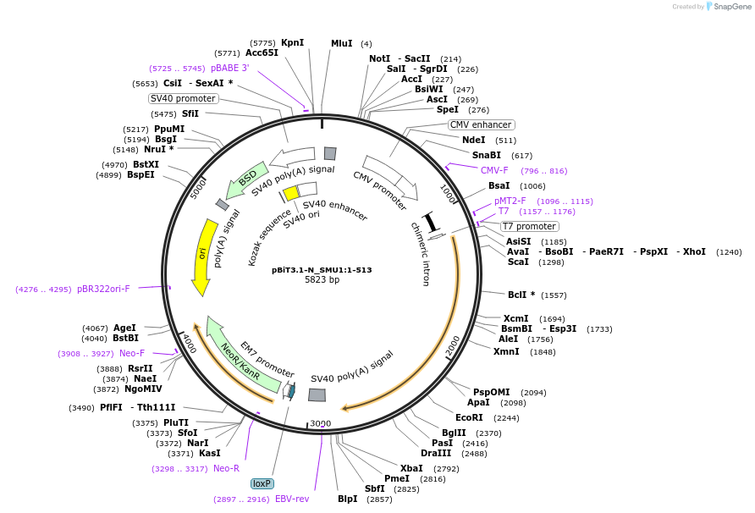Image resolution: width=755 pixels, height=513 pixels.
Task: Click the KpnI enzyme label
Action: pyautogui.click(x=292, y=42)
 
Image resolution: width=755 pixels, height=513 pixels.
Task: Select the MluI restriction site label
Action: pyautogui.click(x=342, y=43)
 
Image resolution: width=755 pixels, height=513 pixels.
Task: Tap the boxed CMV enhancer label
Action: pyautogui.click(x=481, y=124)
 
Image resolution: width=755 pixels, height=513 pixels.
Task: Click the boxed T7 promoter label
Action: pyautogui.click(x=530, y=226)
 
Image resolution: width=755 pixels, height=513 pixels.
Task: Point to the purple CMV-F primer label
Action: pyautogui.click(x=494, y=170)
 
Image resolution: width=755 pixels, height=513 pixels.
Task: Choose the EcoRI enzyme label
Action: pyautogui.click(x=469, y=417)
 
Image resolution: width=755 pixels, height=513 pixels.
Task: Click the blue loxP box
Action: pyautogui.click(x=262, y=483)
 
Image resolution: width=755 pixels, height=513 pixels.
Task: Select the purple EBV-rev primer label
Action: pyautogui.click(x=292, y=499)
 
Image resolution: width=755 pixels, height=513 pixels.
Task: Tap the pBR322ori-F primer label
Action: pyautogui.click(x=103, y=289)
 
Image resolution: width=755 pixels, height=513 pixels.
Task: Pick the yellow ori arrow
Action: pyautogui.click(x=202, y=256)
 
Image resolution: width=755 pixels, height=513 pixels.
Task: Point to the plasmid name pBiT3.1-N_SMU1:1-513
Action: pyautogui.click(x=322, y=270)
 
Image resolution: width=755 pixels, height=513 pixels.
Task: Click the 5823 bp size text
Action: pyautogui.click(x=322, y=280)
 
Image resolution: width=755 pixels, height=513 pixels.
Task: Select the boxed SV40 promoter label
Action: pyautogui.click(x=183, y=98)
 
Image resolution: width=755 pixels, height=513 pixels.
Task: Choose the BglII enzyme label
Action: pyautogui.click(x=454, y=433)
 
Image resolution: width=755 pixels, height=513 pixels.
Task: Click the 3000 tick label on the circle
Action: pyautogui.click(x=321, y=423)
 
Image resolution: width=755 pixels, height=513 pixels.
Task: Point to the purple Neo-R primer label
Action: pyautogui.click(x=226, y=468)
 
